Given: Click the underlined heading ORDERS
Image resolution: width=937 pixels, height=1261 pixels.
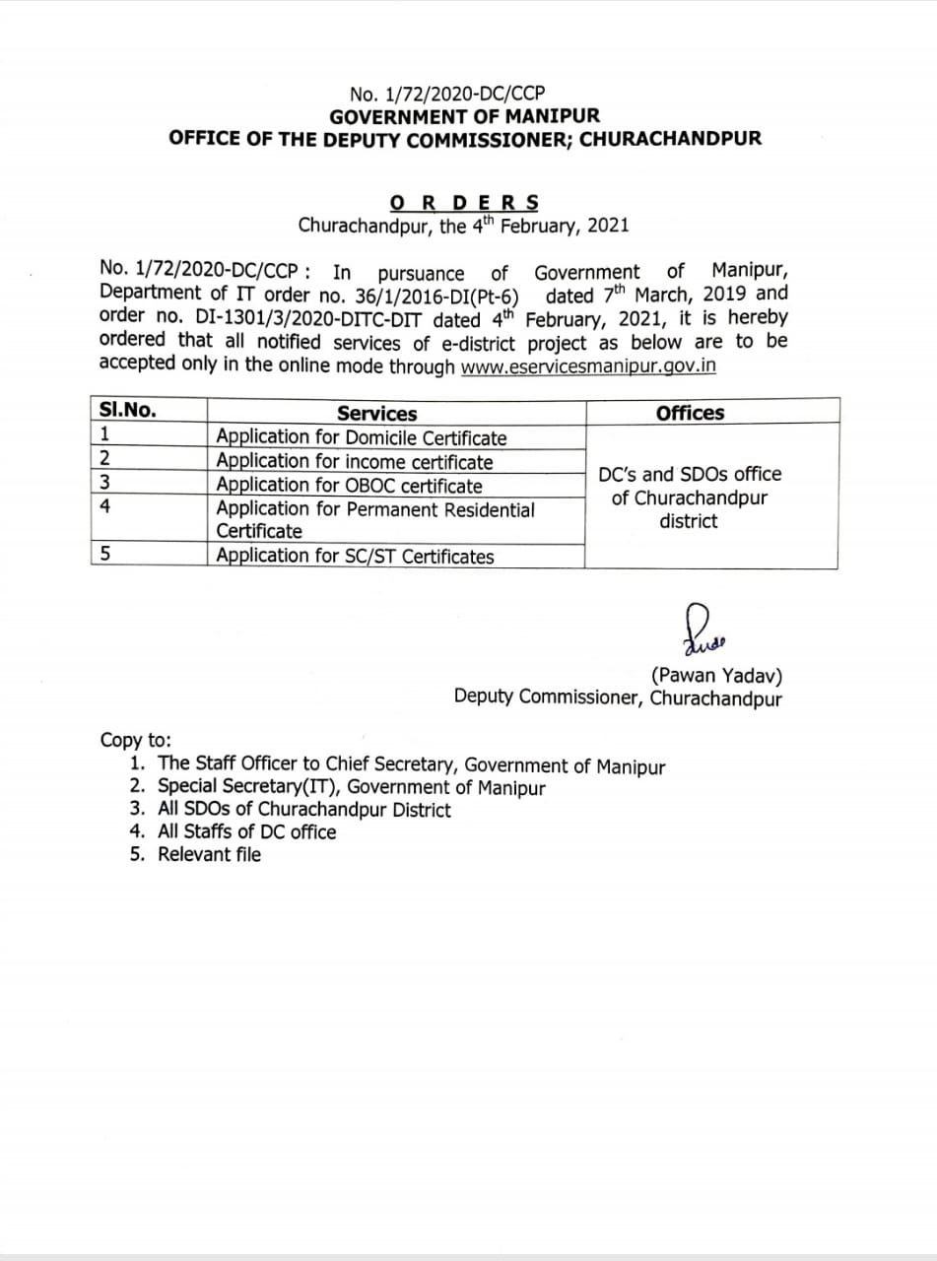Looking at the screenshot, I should (464, 204).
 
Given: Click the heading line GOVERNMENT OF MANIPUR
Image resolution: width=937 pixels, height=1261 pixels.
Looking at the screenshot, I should (464, 116).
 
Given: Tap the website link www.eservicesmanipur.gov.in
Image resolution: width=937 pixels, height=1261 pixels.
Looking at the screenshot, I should (588, 365).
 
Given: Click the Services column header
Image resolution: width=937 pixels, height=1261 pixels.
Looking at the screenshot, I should (376, 414).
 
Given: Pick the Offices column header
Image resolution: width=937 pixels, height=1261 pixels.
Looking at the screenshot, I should (690, 413).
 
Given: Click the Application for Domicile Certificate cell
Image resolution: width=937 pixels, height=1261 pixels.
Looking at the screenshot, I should (362, 437).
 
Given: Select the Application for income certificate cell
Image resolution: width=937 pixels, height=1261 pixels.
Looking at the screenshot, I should (355, 461).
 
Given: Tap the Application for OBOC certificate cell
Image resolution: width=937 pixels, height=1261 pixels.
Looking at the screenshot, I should (349, 485).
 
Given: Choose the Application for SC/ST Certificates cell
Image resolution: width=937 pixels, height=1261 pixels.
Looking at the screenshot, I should (355, 556).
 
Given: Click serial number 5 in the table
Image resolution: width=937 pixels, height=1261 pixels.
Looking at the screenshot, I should (104, 555).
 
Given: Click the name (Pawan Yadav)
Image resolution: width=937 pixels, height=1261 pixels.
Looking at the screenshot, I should (717, 676).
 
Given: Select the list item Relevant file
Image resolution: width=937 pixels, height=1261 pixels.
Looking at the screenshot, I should (209, 854).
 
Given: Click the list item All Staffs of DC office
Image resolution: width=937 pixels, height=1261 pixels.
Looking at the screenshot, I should (246, 831).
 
